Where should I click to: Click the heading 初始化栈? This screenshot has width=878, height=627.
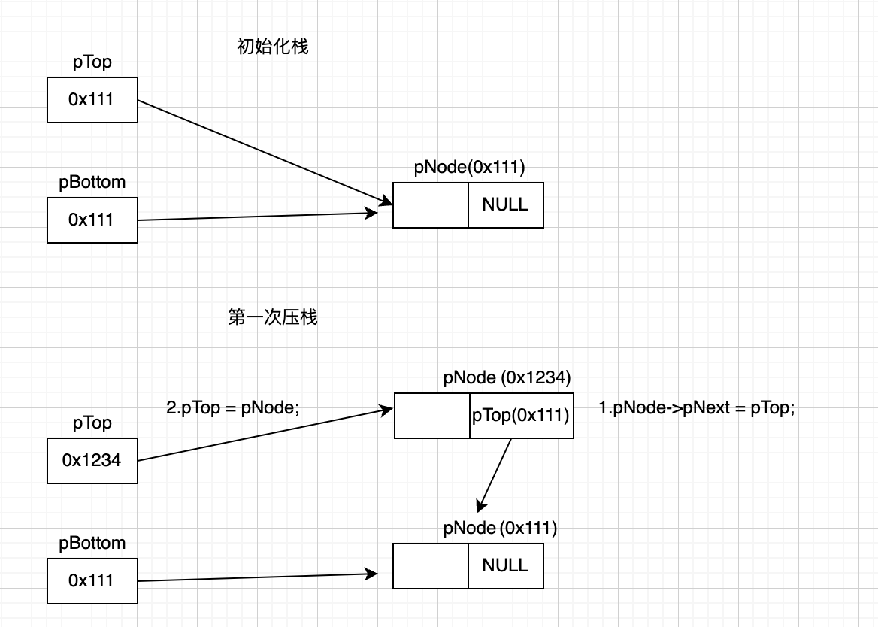pyautogui.click(x=272, y=47)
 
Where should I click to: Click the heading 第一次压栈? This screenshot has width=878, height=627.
pyautogui.click(x=272, y=317)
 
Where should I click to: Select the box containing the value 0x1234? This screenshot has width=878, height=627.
pyautogui.click(x=92, y=460)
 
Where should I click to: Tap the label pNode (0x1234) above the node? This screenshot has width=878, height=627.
pyautogui.click(x=507, y=377)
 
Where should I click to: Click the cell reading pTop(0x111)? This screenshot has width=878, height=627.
pyautogui.click(x=520, y=415)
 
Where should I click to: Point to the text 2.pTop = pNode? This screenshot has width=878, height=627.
pyautogui.click(x=232, y=408)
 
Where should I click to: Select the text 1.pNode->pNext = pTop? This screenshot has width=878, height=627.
pyautogui.click(x=696, y=408)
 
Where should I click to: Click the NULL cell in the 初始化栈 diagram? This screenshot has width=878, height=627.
pyautogui.click(x=505, y=204)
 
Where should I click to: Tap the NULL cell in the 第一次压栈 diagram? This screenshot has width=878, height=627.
pyautogui.click(x=505, y=565)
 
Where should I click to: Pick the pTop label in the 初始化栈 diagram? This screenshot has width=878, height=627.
pyautogui.click(x=92, y=62)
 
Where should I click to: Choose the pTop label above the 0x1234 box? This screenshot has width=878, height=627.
pyautogui.click(x=92, y=423)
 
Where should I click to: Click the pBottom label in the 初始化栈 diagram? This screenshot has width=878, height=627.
pyautogui.click(x=92, y=182)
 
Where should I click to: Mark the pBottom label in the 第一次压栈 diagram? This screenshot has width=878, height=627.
pyautogui.click(x=92, y=543)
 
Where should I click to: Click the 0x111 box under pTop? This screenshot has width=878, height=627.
pyautogui.click(x=92, y=99)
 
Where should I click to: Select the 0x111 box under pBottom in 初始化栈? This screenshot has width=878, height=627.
pyautogui.click(x=92, y=220)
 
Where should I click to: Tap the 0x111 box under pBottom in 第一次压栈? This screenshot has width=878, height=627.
pyautogui.click(x=92, y=580)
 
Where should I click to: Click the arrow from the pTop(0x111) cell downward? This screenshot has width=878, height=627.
pyautogui.click(x=495, y=474)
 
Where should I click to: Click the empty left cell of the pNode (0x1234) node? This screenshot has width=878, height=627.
pyautogui.click(x=432, y=415)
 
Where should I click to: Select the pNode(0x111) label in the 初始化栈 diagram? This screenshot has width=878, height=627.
pyautogui.click(x=469, y=168)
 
